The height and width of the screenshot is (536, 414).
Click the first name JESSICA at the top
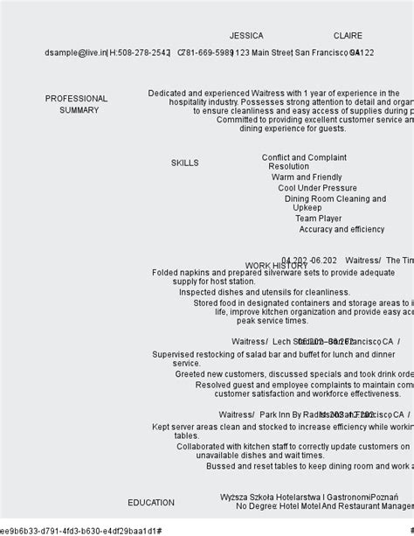pos(246,36)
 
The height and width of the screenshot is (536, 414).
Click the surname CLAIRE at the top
pos(348,36)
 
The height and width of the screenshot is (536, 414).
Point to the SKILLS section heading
pos(184,163)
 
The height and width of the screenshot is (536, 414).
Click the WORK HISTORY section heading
pos(276,266)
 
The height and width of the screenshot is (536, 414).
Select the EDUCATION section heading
pos(151,503)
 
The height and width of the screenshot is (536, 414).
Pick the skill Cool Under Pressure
pos(317,188)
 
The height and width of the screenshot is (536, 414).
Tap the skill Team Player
pos(318,219)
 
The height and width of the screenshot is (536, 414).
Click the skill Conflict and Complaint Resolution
pos(303,163)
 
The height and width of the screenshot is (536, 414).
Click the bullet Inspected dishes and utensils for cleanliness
pos(264,292)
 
